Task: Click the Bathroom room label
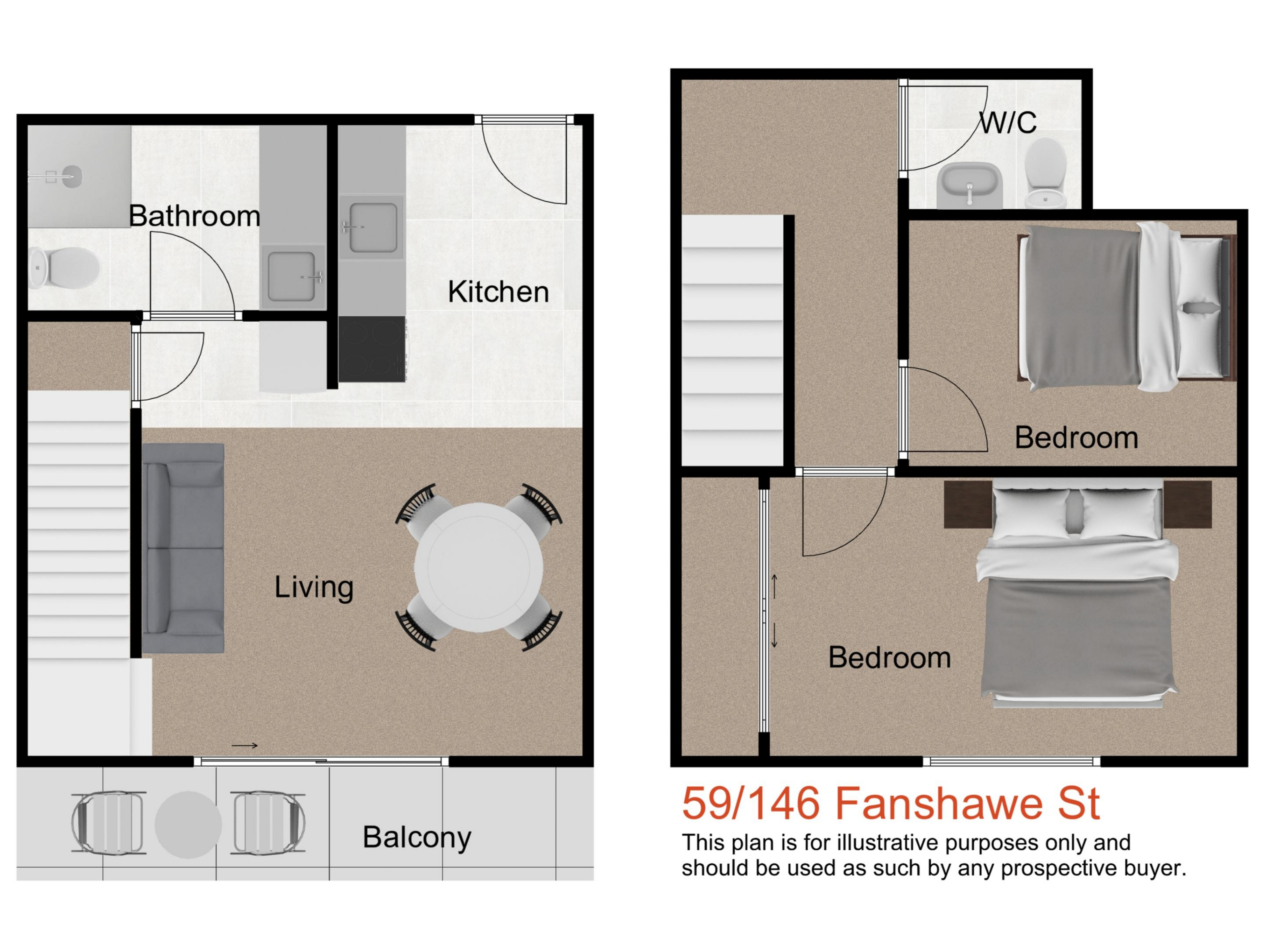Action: tap(194, 216)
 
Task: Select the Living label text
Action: tap(314, 588)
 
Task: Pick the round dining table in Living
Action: tap(479, 567)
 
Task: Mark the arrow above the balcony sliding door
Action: tap(245, 745)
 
